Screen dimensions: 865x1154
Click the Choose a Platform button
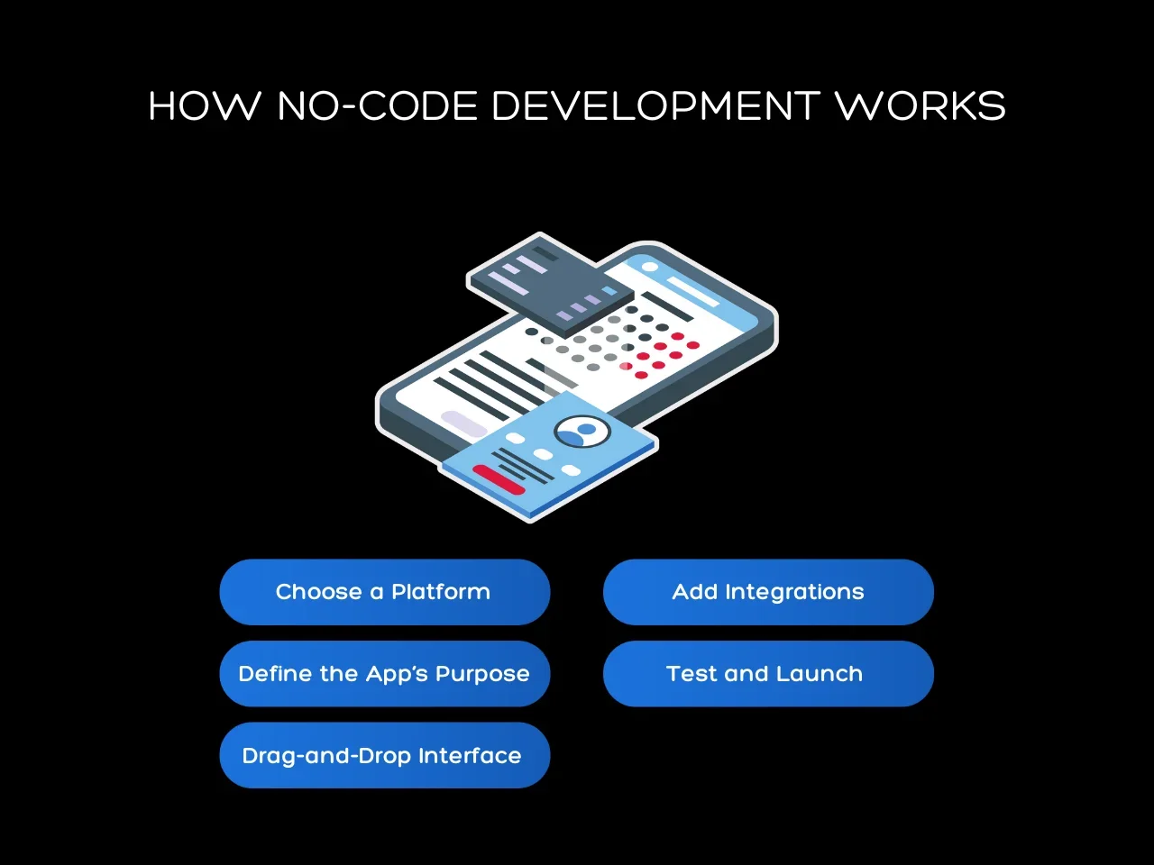pos(384,592)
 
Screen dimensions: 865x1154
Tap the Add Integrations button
pos(768,592)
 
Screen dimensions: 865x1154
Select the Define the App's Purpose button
pos(384,674)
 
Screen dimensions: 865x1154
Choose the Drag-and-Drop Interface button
pos(384,755)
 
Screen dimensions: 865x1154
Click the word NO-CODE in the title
pos(377,106)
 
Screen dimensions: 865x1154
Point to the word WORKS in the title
pos(920,106)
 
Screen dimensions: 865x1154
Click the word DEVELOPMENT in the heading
pos(655,106)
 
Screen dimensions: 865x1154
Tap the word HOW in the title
pos(205,106)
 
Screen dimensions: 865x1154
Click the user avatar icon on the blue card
pos(582,432)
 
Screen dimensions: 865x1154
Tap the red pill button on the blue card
pos(499,479)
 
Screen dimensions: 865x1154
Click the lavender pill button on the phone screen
pos(463,423)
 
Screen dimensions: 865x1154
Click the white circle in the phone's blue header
pos(648,267)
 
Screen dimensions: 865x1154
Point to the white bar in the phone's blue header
pos(693,291)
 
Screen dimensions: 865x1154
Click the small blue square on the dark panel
pos(609,291)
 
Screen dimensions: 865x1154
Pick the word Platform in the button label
pos(441,592)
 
